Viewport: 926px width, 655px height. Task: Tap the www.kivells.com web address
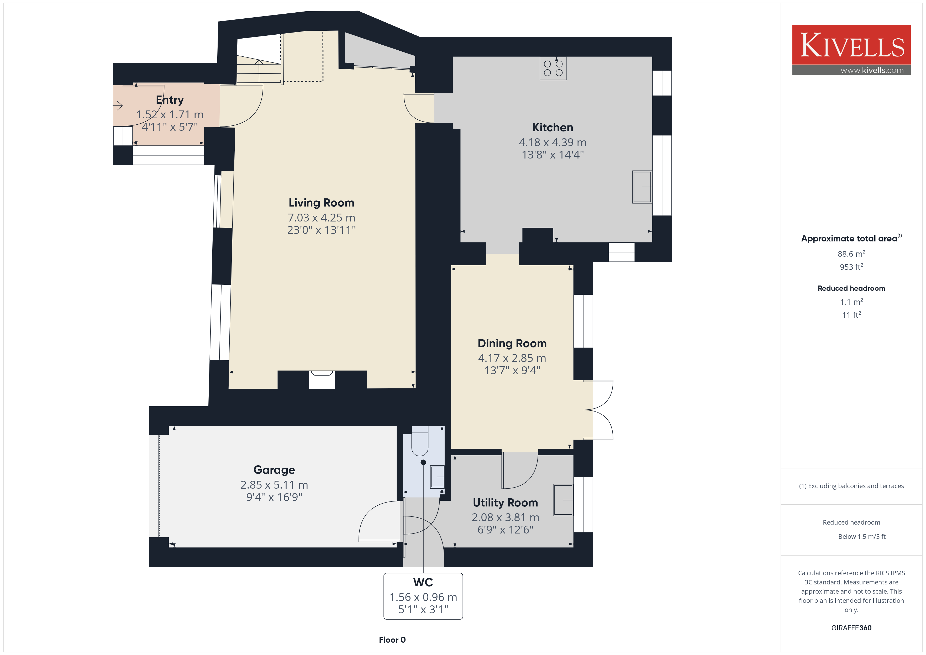click(x=872, y=70)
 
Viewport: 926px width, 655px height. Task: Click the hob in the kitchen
click(x=553, y=68)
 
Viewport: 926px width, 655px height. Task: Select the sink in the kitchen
click(x=642, y=187)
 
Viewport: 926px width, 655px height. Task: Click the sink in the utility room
click(x=563, y=500)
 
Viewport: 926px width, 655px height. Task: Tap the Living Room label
click(x=322, y=203)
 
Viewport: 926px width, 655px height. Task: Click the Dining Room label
click(x=512, y=343)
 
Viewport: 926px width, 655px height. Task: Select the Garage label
click(x=274, y=470)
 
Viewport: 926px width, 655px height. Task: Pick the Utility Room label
click(x=505, y=503)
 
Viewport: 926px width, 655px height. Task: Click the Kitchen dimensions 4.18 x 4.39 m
click(x=553, y=142)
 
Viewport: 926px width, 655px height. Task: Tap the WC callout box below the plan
click(x=423, y=596)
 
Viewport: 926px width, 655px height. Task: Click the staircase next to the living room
click(x=259, y=69)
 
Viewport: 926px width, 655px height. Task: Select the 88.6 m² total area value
click(x=851, y=254)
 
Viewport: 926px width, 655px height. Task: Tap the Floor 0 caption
click(x=392, y=640)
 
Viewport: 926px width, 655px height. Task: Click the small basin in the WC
click(x=437, y=477)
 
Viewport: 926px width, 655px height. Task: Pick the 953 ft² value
click(x=851, y=267)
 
